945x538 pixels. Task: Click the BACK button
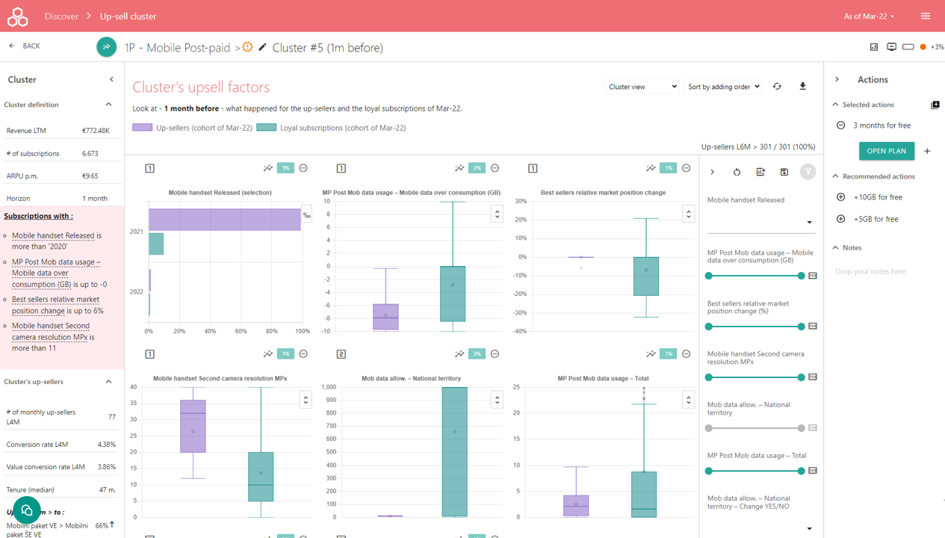click(25, 46)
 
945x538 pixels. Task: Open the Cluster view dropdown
click(641, 87)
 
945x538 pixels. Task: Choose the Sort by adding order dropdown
click(723, 87)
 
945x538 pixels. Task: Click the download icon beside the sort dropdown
click(803, 87)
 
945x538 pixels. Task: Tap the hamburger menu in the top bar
click(926, 16)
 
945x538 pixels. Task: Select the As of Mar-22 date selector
click(869, 16)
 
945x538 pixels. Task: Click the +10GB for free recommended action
click(878, 197)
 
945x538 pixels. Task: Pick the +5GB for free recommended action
click(876, 219)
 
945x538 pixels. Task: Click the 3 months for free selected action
click(882, 126)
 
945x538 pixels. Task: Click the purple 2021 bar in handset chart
click(224, 220)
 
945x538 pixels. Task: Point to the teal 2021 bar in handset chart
click(156, 244)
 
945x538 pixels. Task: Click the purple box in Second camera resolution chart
click(193, 426)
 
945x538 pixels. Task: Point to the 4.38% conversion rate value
click(107, 445)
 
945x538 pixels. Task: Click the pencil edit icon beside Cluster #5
click(262, 48)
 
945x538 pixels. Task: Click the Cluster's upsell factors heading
click(201, 87)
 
